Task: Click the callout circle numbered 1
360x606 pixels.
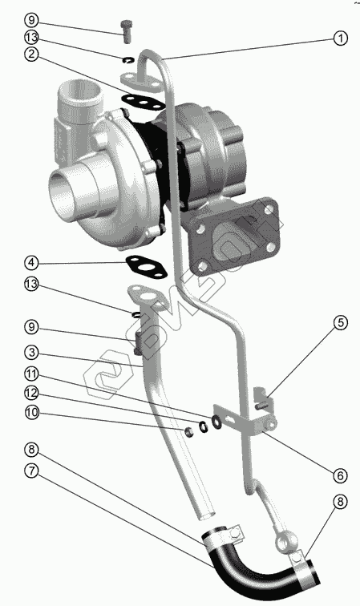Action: (x=340, y=38)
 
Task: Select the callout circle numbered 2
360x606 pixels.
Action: (x=31, y=54)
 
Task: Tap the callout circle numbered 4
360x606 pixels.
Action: (x=31, y=263)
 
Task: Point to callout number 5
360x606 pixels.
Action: (x=340, y=323)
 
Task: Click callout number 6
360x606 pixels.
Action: (x=340, y=475)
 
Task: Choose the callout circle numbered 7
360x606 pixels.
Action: (x=31, y=471)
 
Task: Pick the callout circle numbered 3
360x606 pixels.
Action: (x=31, y=353)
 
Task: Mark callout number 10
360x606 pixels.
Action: (x=31, y=412)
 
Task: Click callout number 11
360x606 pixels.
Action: (x=31, y=374)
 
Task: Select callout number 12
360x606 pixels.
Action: (x=31, y=393)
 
